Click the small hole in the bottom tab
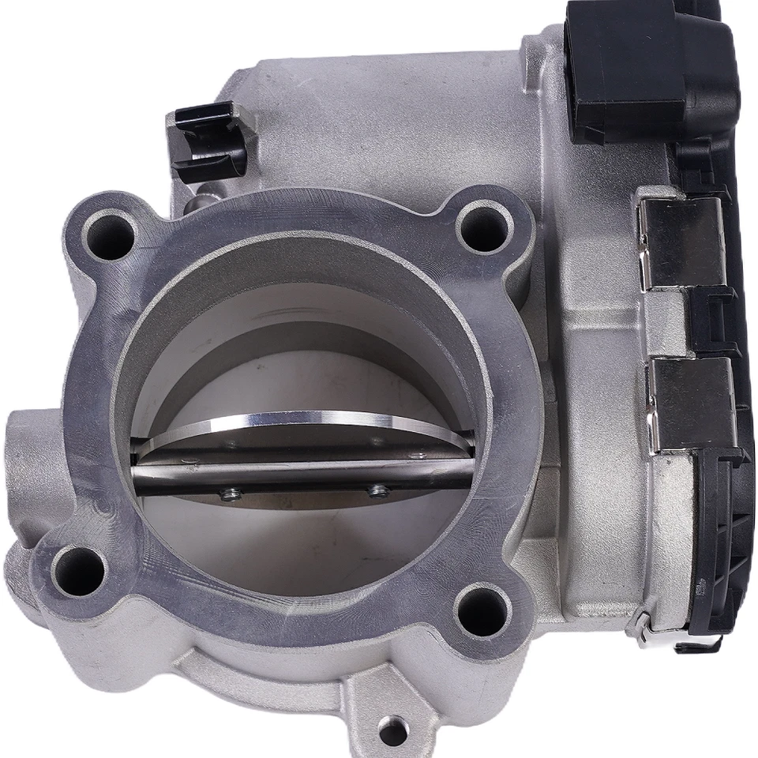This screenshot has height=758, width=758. (392, 731)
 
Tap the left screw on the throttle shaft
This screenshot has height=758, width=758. (230, 494)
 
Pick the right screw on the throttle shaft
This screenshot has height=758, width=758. (377, 491)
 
